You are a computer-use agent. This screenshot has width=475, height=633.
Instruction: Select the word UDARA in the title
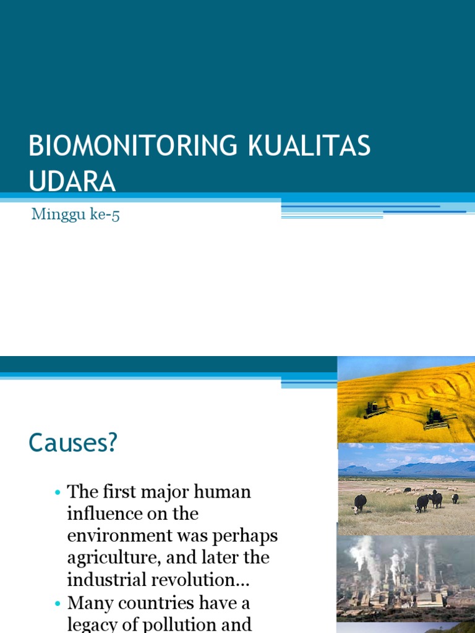coord(72,181)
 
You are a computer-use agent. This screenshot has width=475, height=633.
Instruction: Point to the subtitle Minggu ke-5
coord(75,216)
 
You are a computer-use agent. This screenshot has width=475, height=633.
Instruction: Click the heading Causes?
coord(72,443)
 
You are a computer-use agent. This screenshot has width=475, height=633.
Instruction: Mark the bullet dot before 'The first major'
coord(58,493)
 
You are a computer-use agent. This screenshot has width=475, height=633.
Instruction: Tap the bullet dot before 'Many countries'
coord(58,603)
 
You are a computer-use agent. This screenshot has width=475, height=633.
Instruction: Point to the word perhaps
coord(245,536)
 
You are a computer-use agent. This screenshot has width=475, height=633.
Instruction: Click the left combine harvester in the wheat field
coord(373,409)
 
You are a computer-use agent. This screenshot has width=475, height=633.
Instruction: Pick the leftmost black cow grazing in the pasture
coord(360,503)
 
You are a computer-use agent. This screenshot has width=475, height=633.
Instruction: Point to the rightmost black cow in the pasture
coord(455,498)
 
